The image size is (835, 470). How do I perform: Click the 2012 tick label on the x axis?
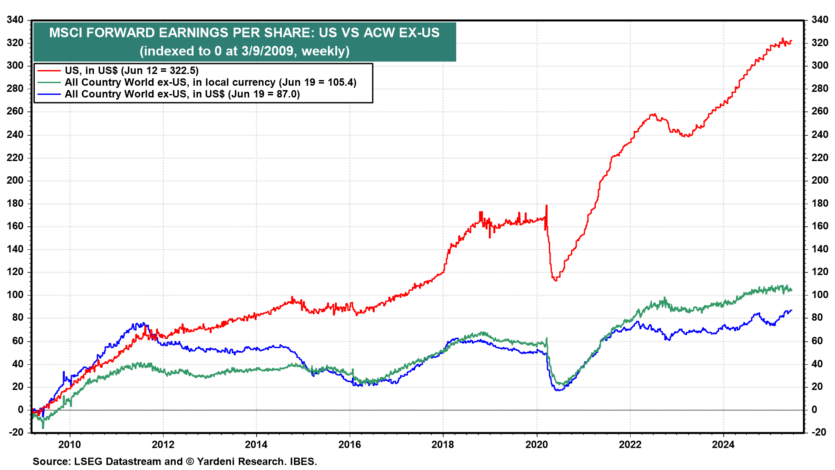click(163, 444)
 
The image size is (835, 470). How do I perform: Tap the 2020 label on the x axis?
click(537, 444)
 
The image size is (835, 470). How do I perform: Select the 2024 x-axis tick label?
click(723, 444)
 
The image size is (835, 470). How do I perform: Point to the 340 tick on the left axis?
click(15, 20)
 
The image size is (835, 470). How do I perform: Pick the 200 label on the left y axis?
click(15, 181)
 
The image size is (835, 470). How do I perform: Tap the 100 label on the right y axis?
click(820, 295)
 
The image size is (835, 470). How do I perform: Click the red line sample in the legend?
click(49, 70)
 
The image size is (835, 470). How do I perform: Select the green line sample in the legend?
click(49, 82)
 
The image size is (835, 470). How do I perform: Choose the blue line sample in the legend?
click(49, 94)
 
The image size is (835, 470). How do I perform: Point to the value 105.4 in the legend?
click(340, 82)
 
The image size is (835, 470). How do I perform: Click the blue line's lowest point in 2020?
click(558, 390)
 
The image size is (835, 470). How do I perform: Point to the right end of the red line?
click(792, 41)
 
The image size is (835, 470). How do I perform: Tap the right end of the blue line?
click(792, 310)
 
